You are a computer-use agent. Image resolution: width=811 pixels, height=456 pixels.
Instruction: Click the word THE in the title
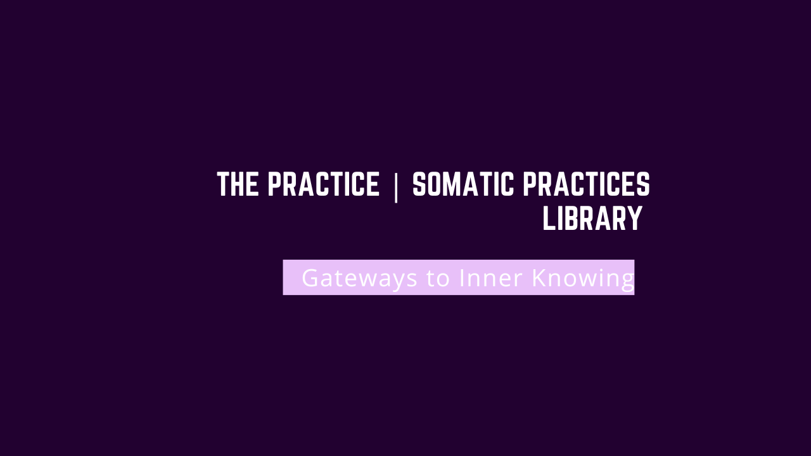click(x=238, y=184)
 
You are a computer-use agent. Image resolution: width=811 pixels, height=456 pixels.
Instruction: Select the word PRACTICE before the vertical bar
click(x=323, y=184)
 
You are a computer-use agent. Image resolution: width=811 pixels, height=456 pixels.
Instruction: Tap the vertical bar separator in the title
click(x=396, y=188)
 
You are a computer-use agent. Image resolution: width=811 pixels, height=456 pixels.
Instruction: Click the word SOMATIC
click(x=463, y=184)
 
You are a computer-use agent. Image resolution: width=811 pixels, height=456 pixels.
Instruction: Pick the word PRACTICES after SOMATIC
click(x=586, y=184)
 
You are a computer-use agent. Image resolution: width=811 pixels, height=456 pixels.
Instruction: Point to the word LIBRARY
click(x=592, y=218)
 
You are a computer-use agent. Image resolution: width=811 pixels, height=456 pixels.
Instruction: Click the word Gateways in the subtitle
click(x=359, y=278)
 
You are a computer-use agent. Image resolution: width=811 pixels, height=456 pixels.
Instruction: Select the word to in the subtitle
click(x=438, y=278)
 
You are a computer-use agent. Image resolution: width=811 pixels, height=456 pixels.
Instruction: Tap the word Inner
click(x=490, y=277)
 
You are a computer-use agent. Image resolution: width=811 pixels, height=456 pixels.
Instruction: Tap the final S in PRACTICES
click(x=644, y=184)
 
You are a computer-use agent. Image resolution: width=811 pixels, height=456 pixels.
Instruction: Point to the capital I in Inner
click(x=462, y=277)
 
